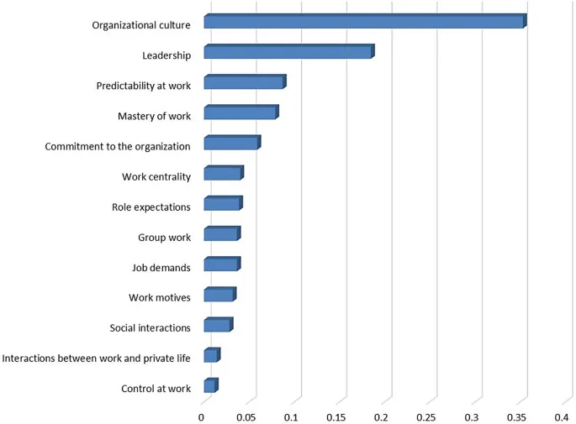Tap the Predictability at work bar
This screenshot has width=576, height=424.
pos(244,82)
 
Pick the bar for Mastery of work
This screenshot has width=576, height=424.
pos(240,113)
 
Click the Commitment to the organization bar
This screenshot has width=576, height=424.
pos(231,144)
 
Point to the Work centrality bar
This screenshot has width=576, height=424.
pos(223,174)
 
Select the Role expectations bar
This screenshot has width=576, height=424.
pos(222,204)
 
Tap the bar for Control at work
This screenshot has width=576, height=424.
pos(210,386)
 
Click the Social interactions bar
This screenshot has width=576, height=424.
pos(217,326)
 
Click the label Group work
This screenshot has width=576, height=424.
pos(165,238)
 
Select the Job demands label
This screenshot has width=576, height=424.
pos(161,268)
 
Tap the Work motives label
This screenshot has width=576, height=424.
pos(160,298)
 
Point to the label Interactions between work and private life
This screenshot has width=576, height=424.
pos(97,359)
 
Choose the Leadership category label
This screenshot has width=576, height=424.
pos(166,55)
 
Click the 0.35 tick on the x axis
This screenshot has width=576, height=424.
pos(521,416)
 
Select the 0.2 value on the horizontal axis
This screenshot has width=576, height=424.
pos(383,416)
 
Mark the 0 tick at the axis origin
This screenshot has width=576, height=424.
pos(202,416)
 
